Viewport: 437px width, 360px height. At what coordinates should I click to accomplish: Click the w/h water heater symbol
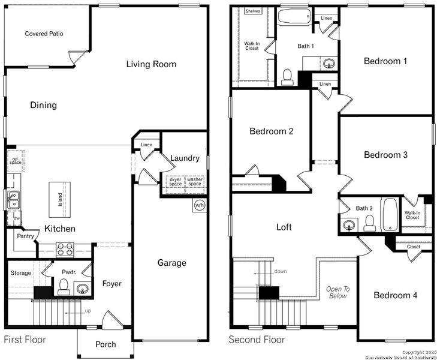point(199,206)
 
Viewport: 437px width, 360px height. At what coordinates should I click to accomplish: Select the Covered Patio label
point(44,34)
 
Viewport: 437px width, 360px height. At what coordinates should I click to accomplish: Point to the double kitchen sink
point(13,199)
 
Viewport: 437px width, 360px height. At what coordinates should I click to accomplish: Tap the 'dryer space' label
point(175,181)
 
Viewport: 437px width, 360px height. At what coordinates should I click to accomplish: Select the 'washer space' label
point(195,181)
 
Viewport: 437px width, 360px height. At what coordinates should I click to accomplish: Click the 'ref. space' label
point(15,161)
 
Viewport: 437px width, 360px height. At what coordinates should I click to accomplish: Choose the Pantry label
point(25,236)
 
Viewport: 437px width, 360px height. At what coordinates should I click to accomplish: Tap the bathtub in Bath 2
point(390,214)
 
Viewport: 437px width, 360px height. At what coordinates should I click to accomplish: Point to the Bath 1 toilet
point(287,76)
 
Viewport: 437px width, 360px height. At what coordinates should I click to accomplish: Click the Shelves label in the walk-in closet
point(253,11)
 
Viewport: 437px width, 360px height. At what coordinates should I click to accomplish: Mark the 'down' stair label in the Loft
point(279,271)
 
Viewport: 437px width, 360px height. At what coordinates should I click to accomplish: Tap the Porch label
point(106,344)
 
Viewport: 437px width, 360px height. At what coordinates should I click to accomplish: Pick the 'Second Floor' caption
point(257,340)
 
